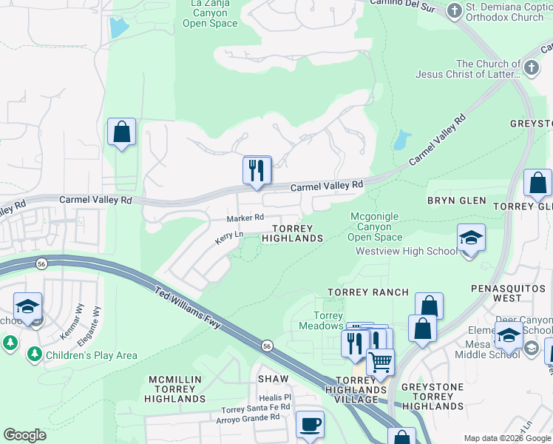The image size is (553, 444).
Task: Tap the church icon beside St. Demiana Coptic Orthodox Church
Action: [454, 10]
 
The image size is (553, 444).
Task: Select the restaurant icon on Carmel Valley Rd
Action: [257, 170]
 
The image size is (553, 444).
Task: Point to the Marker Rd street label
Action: [245, 218]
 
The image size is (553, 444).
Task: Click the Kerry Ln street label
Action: [228, 238]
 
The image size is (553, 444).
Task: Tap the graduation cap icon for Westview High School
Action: [470, 238]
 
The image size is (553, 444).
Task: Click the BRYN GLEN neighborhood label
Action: [456, 201]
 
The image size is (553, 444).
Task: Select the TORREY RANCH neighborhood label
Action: [368, 292]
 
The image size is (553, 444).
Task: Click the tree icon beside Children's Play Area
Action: [34, 355]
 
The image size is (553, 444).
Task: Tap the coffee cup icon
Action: [310, 425]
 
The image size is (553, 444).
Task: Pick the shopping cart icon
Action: [380, 363]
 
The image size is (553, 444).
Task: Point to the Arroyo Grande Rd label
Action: [248, 417]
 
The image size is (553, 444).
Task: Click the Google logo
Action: [25, 435]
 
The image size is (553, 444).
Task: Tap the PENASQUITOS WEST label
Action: [508, 292]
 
